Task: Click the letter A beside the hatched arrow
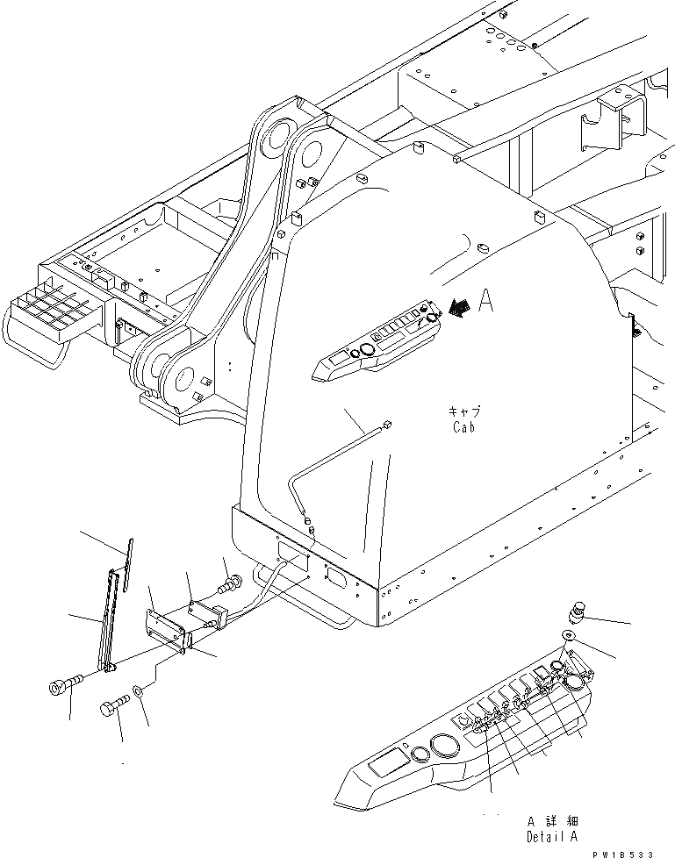[x=487, y=304]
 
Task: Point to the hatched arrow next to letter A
[x=457, y=306]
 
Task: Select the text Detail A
[x=551, y=837]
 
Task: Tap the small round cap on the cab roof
[x=479, y=249]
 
